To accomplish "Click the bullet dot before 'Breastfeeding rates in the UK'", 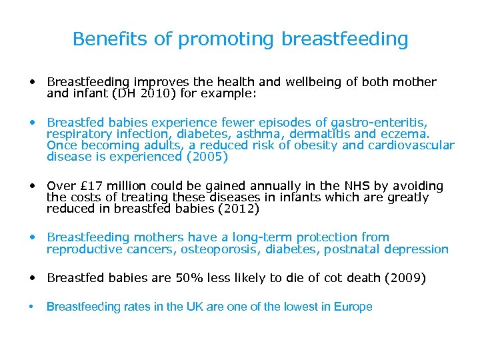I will point(31,307).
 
